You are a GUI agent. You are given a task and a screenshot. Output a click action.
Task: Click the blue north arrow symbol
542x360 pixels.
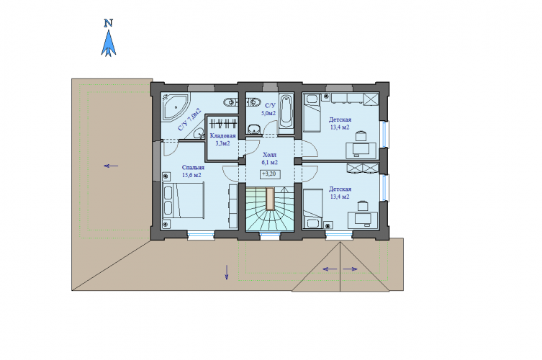click(x=109, y=44)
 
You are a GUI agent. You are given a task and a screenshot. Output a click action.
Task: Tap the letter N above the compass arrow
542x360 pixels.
click(x=109, y=23)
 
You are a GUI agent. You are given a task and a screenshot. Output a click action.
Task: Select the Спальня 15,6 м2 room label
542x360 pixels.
click(x=192, y=171)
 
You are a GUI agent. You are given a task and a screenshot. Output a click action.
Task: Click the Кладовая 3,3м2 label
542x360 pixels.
click(x=222, y=140)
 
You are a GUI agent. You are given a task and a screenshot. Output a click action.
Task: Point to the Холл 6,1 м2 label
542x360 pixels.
click(x=270, y=158)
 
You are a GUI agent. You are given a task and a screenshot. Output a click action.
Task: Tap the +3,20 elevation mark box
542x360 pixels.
click(x=270, y=174)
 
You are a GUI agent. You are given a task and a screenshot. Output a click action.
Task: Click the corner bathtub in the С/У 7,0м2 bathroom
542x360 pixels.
click(x=175, y=107)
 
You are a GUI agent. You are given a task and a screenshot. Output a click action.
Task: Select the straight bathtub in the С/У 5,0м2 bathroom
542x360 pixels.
click(x=286, y=112)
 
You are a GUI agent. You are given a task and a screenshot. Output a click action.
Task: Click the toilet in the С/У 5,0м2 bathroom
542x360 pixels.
click(x=254, y=129)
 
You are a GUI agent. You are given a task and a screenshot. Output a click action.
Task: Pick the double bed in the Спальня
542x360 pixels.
click(x=184, y=201)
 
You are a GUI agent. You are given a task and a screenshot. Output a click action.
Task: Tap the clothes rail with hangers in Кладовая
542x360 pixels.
click(x=223, y=123)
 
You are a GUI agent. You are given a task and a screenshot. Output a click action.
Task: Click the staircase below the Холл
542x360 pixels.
click(x=270, y=209)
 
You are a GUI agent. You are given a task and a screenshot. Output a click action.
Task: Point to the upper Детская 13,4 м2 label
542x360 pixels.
click(x=340, y=123)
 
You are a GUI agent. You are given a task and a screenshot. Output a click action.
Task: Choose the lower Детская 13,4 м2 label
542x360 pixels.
click(x=340, y=193)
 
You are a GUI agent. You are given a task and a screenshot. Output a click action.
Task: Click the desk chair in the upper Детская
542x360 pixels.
click(x=361, y=136)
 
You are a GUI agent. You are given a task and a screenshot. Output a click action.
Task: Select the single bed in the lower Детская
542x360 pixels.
click(x=313, y=209)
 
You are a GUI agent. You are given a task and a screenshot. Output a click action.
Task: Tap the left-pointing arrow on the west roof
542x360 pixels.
click(x=111, y=166)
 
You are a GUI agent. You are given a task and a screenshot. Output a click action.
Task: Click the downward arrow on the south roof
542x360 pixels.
click(x=227, y=272)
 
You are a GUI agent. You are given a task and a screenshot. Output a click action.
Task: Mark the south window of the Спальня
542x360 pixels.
click(x=201, y=235)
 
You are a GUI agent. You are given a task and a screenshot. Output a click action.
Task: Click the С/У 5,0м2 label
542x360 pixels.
click(x=268, y=109)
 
